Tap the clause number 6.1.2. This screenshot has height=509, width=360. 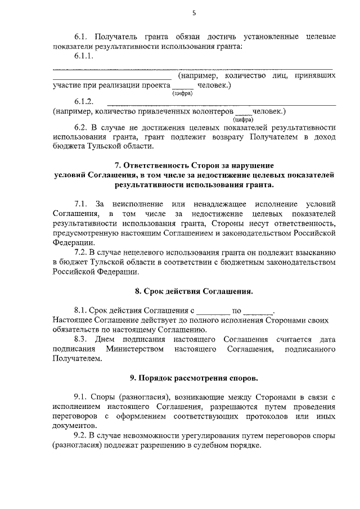pos(83,102)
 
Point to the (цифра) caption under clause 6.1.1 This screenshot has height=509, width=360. pos(183,93)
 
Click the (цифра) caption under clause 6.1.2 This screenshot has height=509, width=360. pos(243,119)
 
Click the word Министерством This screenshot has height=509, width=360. pos(134,349)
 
